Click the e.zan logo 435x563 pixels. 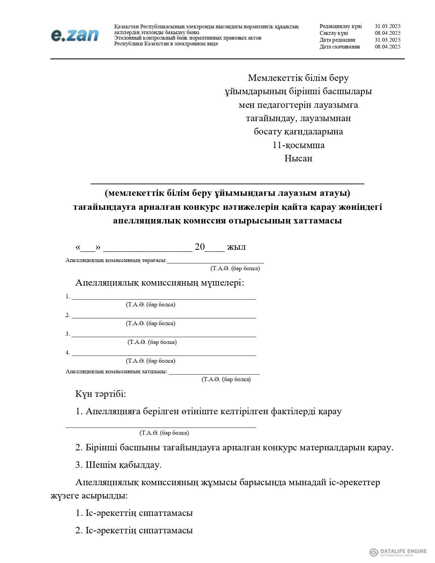[75, 35]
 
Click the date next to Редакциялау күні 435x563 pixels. [388, 26]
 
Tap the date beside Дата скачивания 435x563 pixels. [388, 47]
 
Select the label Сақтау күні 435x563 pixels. [334, 33]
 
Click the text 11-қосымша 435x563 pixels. [299, 145]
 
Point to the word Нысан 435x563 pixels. [299, 158]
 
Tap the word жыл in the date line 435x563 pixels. [236, 247]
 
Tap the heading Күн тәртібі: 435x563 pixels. [101, 394]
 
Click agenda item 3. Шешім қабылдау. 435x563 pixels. [118, 465]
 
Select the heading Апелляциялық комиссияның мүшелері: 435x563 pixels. [160, 283]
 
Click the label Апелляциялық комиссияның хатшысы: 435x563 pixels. [116, 372]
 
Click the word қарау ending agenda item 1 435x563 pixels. [330, 412]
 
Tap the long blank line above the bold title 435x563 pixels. [228, 183]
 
